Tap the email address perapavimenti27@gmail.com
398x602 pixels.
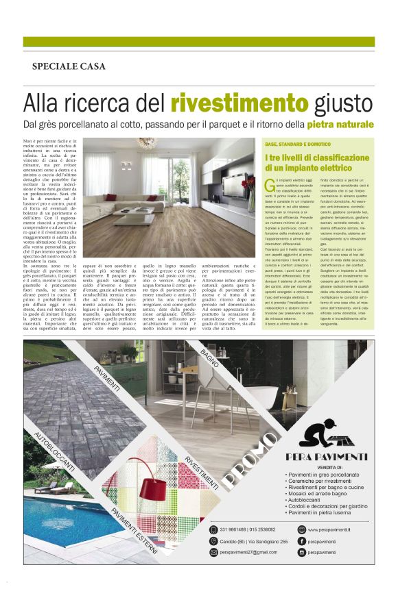248,551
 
